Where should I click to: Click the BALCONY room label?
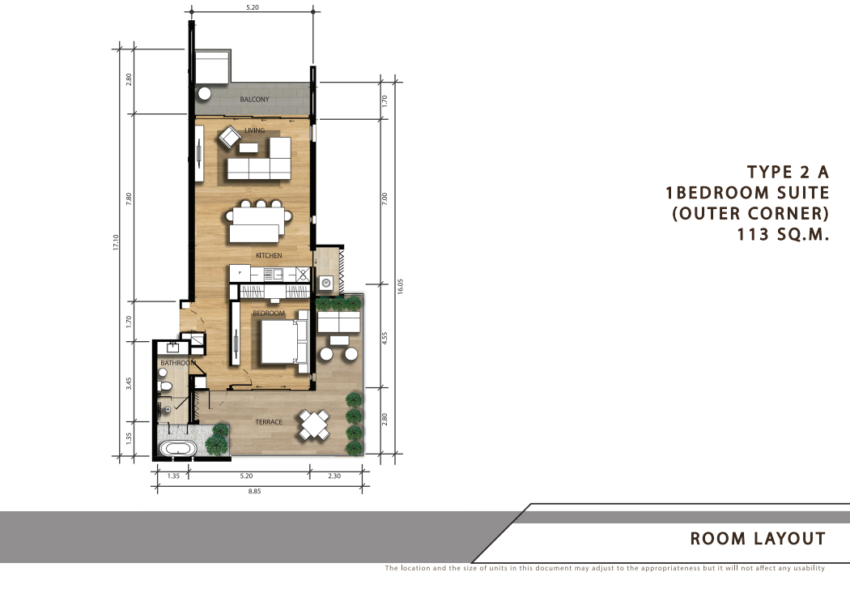click(254, 100)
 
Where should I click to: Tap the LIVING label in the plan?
click(255, 130)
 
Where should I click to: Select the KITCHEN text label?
click(269, 255)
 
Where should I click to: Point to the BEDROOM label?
click(268, 314)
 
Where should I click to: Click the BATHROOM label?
click(178, 363)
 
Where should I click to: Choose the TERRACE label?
click(269, 422)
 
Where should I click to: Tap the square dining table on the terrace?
click(314, 425)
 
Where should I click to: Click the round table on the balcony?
click(204, 93)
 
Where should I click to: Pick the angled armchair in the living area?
click(229, 137)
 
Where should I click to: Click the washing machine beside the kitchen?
click(325, 283)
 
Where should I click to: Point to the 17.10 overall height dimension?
click(116, 242)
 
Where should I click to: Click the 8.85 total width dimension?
click(255, 492)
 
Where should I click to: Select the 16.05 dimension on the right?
click(400, 286)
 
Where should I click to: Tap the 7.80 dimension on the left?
click(129, 198)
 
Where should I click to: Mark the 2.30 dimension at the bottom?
click(334, 476)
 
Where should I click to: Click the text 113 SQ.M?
click(784, 234)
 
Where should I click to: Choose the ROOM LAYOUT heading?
click(758, 539)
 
